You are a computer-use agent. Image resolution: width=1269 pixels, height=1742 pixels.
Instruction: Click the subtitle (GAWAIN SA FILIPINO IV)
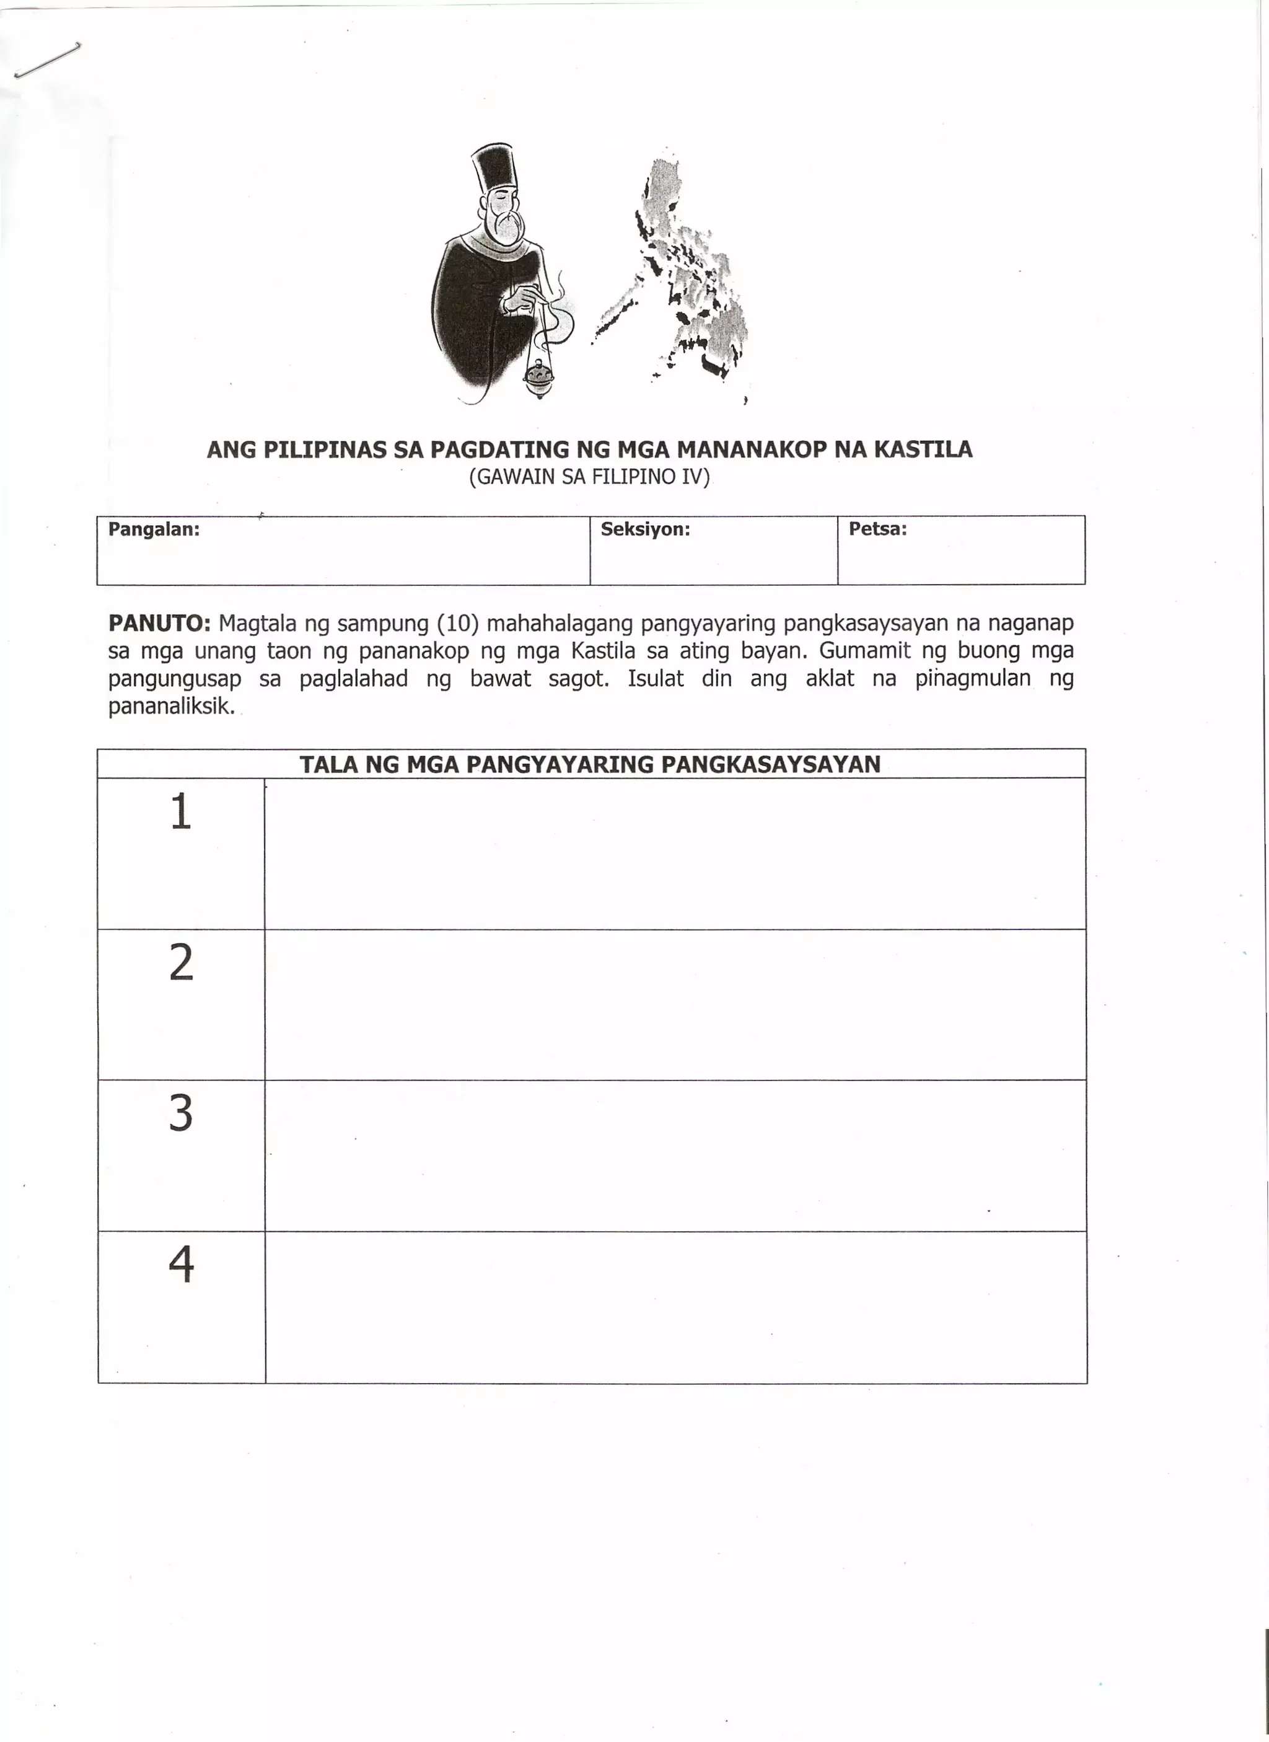[589, 477]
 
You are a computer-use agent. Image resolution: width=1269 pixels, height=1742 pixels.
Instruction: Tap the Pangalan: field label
[154, 529]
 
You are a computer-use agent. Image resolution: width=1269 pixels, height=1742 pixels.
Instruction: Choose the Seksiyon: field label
[645, 529]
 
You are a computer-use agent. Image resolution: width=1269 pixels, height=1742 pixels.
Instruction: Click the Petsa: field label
[877, 529]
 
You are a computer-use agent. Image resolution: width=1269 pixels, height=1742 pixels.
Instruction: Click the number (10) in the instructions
[457, 622]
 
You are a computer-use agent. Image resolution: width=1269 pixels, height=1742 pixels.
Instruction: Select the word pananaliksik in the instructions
[170, 706]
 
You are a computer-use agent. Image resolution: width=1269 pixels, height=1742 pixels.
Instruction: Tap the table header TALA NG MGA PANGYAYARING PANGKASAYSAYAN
[590, 764]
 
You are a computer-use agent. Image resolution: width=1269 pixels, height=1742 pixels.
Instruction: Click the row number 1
[180, 811]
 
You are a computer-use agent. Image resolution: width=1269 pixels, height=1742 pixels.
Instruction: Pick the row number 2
[180, 962]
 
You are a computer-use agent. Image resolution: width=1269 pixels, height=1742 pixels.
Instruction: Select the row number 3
[180, 1113]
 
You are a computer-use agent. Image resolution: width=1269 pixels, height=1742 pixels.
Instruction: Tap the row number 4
[180, 1264]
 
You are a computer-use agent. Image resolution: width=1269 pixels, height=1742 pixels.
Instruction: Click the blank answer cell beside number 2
[674, 1004]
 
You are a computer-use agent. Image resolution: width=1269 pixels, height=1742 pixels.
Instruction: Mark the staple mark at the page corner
[48, 60]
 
